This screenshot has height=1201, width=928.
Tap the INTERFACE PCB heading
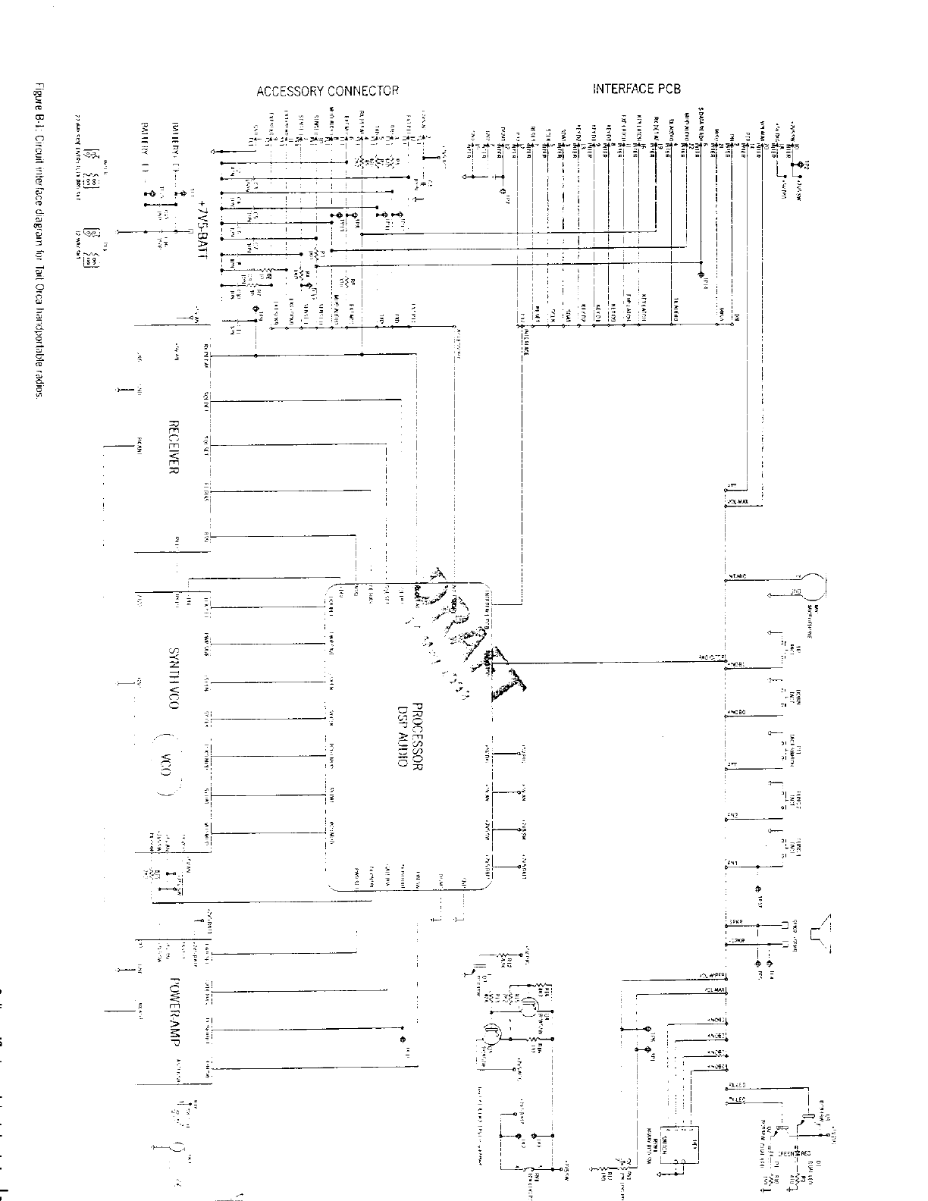pyautogui.click(x=636, y=89)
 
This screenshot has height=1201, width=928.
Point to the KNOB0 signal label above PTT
pyautogui.click(x=736, y=713)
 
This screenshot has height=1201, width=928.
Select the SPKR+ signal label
pyautogui.click(x=735, y=922)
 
